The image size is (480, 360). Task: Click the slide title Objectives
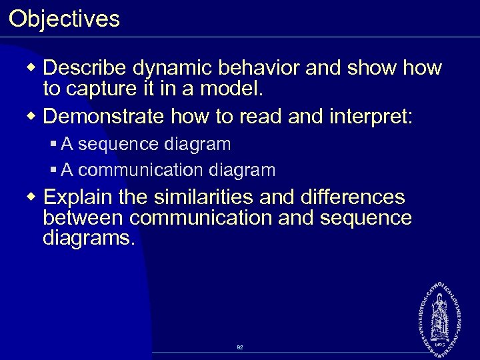point(64,18)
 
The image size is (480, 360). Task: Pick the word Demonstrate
point(105,117)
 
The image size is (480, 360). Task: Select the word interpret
point(371,117)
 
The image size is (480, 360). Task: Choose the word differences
point(353,197)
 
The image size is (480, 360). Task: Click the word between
point(83,218)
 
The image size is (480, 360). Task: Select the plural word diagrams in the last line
point(88,238)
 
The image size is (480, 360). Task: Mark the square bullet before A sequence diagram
point(54,144)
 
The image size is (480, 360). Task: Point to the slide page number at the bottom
point(239,347)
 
